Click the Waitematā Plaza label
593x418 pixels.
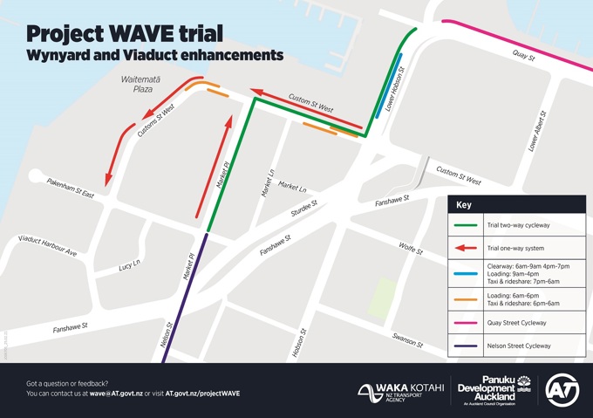(137, 84)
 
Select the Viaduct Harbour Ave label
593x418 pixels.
(48, 245)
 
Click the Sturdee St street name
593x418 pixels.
(303, 210)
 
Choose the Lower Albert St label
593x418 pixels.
(536, 132)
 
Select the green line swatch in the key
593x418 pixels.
(467, 225)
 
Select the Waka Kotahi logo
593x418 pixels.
(400, 391)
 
